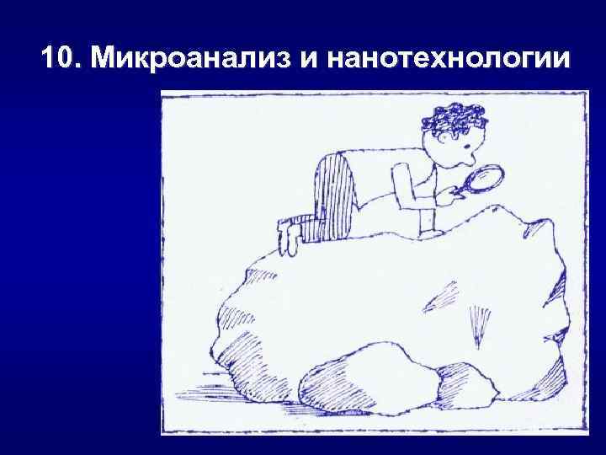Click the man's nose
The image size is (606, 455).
click(466, 155)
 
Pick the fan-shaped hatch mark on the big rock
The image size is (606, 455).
click(479, 325)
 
